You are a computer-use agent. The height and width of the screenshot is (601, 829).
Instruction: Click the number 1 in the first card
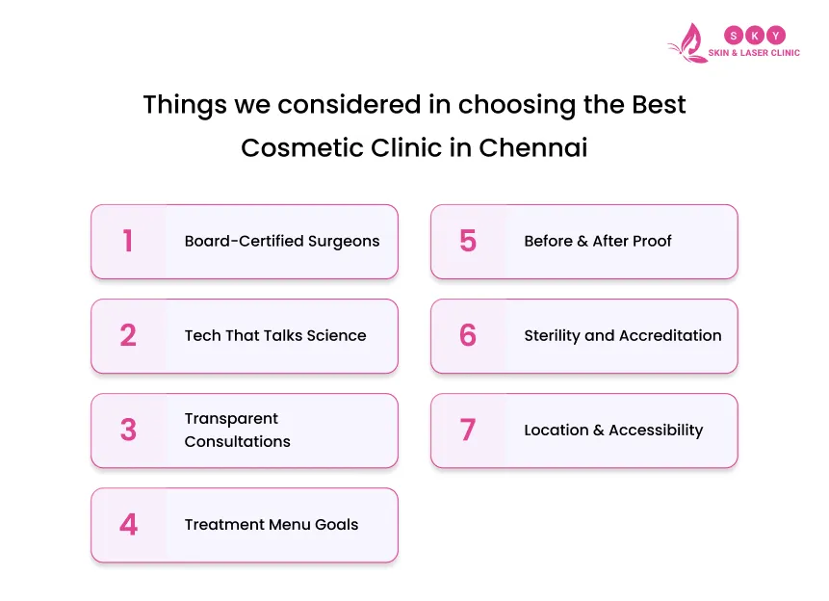click(128, 242)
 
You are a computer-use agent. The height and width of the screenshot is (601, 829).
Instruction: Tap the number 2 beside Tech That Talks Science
click(128, 336)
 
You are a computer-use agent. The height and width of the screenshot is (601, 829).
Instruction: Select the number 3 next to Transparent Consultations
click(128, 431)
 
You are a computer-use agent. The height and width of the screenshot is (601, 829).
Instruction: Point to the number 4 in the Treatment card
click(128, 525)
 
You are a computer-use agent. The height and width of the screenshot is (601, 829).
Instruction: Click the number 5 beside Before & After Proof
click(468, 242)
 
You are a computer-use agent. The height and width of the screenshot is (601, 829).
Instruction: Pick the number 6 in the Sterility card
click(468, 336)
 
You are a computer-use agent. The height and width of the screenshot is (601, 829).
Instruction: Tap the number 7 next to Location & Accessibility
click(468, 431)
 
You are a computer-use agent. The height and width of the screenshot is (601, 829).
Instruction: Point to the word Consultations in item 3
click(237, 442)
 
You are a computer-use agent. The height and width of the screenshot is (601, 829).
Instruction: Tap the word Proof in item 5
click(652, 242)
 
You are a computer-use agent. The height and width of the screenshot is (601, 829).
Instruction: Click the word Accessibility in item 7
click(656, 431)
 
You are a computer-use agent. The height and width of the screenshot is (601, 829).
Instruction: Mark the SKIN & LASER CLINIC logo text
click(754, 53)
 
